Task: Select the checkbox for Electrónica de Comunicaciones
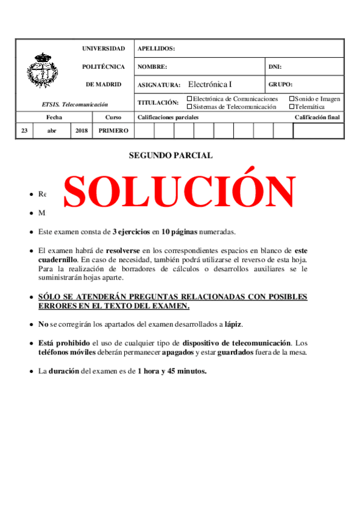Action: tap(190, 99)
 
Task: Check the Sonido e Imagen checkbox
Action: tap(292, 99)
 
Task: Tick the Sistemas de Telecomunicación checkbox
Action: tap(190, 107)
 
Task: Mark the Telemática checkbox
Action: tap(292, 107)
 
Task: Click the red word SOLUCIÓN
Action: tap(179, 192)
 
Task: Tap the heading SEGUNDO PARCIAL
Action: tap(171, 155)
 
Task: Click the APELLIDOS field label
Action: tap(156, 49)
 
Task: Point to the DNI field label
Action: tap(274, 67)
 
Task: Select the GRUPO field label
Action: tap(280, 85)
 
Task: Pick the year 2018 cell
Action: tap(81, 130)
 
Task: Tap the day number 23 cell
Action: tap(24, 130)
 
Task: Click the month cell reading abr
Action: tap(52, 130)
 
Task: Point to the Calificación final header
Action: tap(317, 118)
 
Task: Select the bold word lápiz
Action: tap(233, 324)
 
